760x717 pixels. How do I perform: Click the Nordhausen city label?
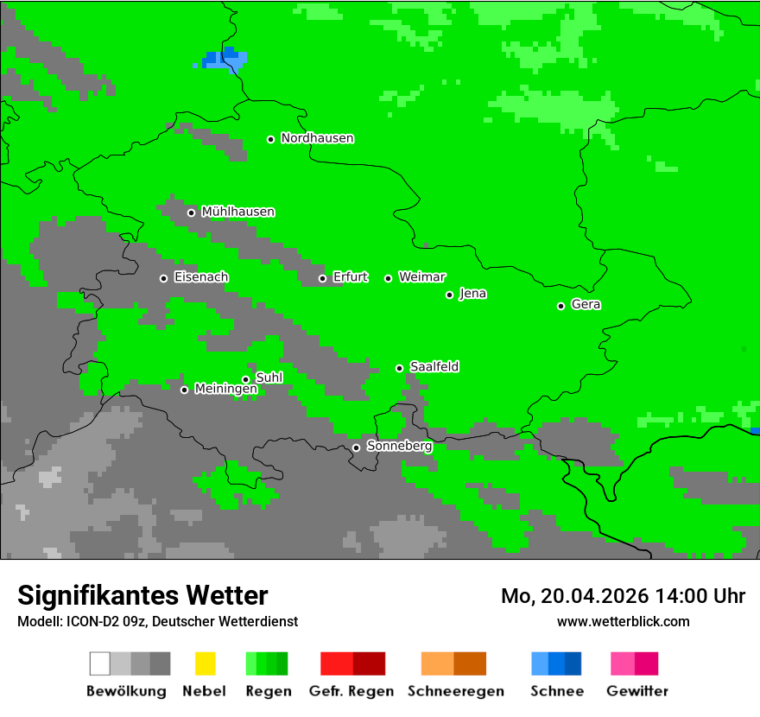tap(317, 138)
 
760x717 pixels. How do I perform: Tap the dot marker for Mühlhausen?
tap(191, 213)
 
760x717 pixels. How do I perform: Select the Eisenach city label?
tap(201, 277)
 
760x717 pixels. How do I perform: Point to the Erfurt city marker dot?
tap(322, 278)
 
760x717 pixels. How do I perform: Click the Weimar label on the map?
tap(421, 277)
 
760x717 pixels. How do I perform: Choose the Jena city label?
tap(472, 294)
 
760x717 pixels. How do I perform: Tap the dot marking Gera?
tap(560, 306)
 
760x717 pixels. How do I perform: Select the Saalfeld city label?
tap(434, 367)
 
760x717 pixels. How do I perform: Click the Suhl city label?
tap(269, 378)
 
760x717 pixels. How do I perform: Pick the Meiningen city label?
tap(225, 390)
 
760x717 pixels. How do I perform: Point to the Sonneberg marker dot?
tap(356, 447)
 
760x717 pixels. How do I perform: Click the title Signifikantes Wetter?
tap(142, 596)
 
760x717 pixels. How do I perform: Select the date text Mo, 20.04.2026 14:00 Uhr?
tap(623, 596)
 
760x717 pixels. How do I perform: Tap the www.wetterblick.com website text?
tap(623, 621)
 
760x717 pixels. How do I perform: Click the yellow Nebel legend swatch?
tap(205, 663)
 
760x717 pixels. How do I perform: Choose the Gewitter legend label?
tap(636, 691)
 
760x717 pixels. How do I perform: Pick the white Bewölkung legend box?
tap(100, 663)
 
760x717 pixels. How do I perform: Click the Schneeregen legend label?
tap(455, 691)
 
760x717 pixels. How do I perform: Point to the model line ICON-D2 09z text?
tap(157, 621)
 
